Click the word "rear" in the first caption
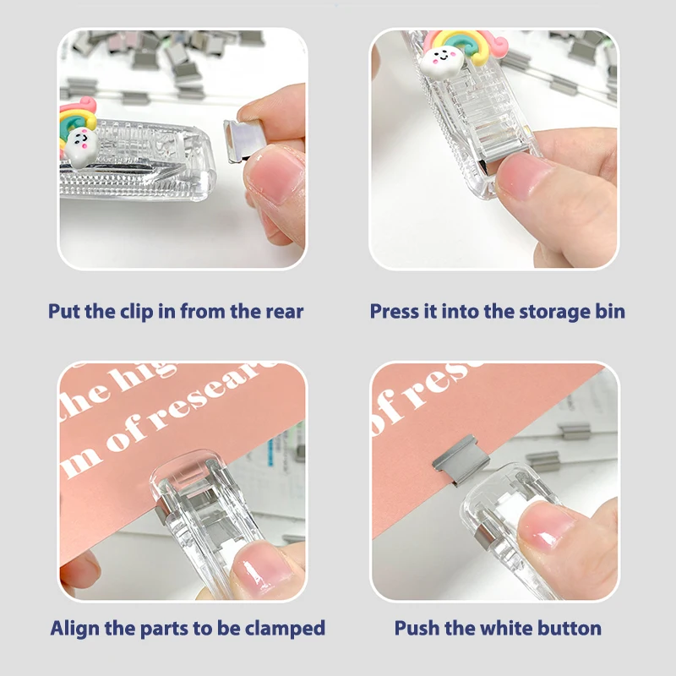(280, 311)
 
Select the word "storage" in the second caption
(532, 311)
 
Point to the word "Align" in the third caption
(74, 629)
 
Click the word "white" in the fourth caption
(506, 629)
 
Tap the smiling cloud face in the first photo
(79, 144)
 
